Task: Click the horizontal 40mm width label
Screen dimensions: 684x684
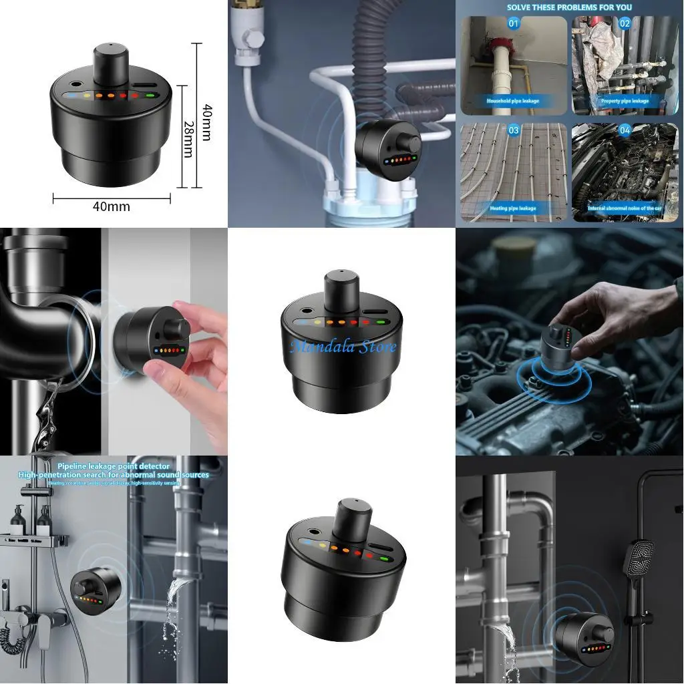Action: pos(111,206)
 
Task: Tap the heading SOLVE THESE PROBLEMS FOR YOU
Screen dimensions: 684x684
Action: pos(569,7)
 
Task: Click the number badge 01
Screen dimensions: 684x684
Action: pos(513,23)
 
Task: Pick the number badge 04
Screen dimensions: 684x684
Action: pos(625,131)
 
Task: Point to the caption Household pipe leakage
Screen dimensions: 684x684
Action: pos(512,101)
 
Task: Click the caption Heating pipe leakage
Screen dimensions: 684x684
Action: pos(512,208)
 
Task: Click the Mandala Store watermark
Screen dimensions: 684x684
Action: pos(343,346)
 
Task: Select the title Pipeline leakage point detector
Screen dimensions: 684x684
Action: pos(114,466)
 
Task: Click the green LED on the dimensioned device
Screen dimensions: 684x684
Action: pos(150,95)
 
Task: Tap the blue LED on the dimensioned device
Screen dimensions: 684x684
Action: pos(71,95)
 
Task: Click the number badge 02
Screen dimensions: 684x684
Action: pos(625,23)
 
